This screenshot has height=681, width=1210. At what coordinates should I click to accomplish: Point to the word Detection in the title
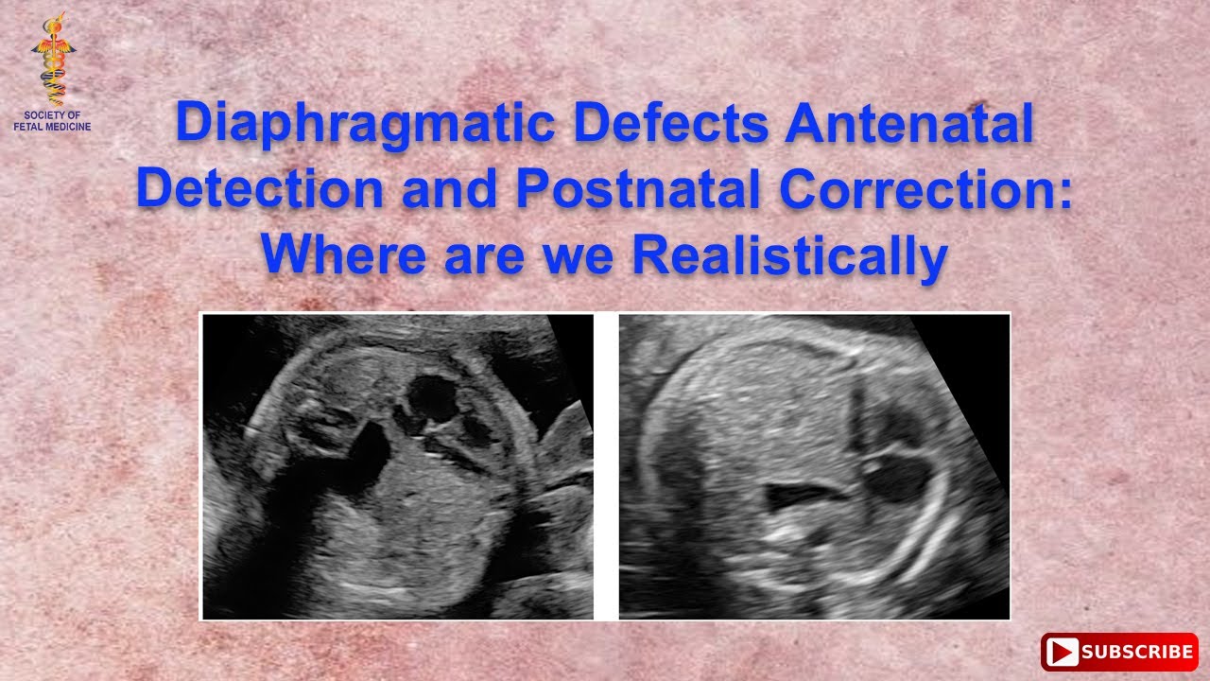(261, 189)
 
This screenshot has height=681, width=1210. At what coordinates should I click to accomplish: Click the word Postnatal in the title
(635, 189)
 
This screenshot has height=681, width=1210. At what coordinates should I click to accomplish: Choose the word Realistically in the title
(789, 255)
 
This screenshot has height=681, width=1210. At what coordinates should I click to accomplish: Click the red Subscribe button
(1119, 652)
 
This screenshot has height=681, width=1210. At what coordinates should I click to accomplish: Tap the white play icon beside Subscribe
(1063, 652)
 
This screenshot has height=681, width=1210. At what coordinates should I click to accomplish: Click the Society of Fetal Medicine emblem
(53, 59)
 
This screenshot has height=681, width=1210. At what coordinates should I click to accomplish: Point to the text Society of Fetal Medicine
(53, 120)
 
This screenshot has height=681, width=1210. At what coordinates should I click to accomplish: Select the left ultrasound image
(397, 466)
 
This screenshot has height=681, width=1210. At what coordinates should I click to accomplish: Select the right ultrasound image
(814, 466)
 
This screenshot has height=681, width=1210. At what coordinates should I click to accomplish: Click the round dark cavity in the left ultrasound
(434, 400)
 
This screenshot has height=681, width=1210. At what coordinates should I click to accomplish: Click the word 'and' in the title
(449, 189)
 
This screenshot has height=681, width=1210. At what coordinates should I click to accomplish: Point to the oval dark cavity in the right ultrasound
(896, 478)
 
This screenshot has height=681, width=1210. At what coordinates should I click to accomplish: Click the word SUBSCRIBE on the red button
(1137, 652)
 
